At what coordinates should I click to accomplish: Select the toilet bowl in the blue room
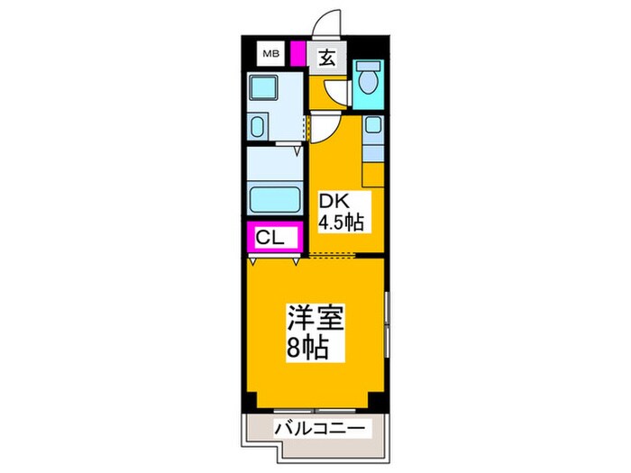pyautogui.click(x=368, y=81)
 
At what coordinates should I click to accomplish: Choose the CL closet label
pyautogui.click(x=270, y=238)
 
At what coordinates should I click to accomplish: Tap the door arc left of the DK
pyautogui.click(x=320, y=129)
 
